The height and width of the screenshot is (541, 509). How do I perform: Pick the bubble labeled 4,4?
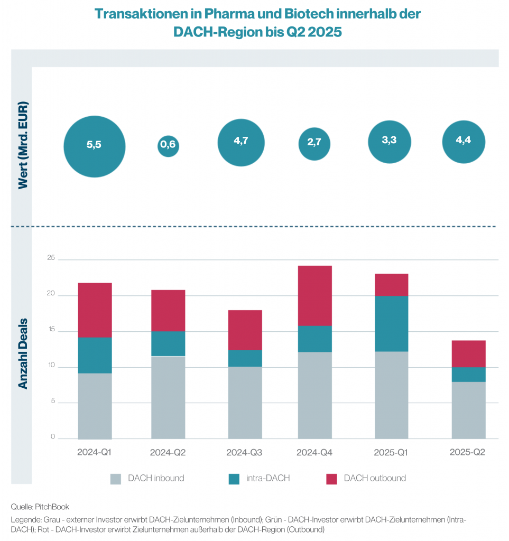[x=464, y=143]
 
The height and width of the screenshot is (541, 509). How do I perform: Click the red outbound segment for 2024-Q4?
[x=314, y=295]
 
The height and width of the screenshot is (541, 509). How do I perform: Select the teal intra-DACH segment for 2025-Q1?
[x=391, y=323]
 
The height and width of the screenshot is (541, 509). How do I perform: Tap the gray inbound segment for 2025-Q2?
[x=468, y=410]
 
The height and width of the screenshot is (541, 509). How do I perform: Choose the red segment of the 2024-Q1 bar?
[x=95, y=310]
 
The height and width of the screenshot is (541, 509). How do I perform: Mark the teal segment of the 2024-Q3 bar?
[x=245, y=358]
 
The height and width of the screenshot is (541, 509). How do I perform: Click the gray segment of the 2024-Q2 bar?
[x=168, y=397]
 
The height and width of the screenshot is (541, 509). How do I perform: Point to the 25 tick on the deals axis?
[x=51, y=258]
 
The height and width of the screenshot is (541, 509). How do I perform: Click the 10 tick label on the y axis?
[x=51, y=366]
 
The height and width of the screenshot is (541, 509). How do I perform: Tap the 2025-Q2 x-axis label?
[x=467, y=453]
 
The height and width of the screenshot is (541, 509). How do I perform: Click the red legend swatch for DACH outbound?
[x=331, y=479]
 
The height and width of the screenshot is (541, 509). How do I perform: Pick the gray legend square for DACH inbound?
[x=116, y=479]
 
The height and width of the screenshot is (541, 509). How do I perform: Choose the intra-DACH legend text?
[x=267, y=479]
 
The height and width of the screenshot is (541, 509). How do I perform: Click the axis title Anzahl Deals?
[x=23, y=354]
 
